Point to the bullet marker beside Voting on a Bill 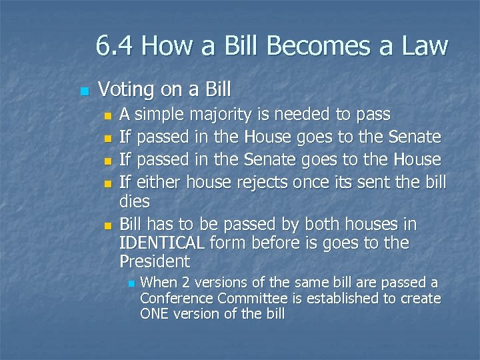click(82, 90)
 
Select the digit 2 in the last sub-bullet click(183, 282)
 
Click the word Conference click(172, 298)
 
